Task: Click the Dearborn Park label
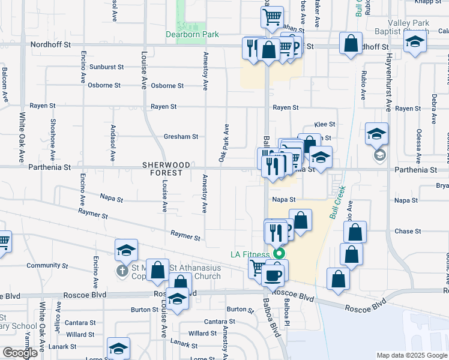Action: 192,35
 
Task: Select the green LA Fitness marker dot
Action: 279,254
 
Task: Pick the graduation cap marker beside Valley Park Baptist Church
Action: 414,43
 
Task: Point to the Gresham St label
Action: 181,137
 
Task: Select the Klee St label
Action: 324,124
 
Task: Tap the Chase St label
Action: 405,232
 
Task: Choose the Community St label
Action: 43,265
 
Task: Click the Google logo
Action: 20,353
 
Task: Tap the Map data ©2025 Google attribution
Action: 412,355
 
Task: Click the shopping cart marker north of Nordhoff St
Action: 272,16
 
